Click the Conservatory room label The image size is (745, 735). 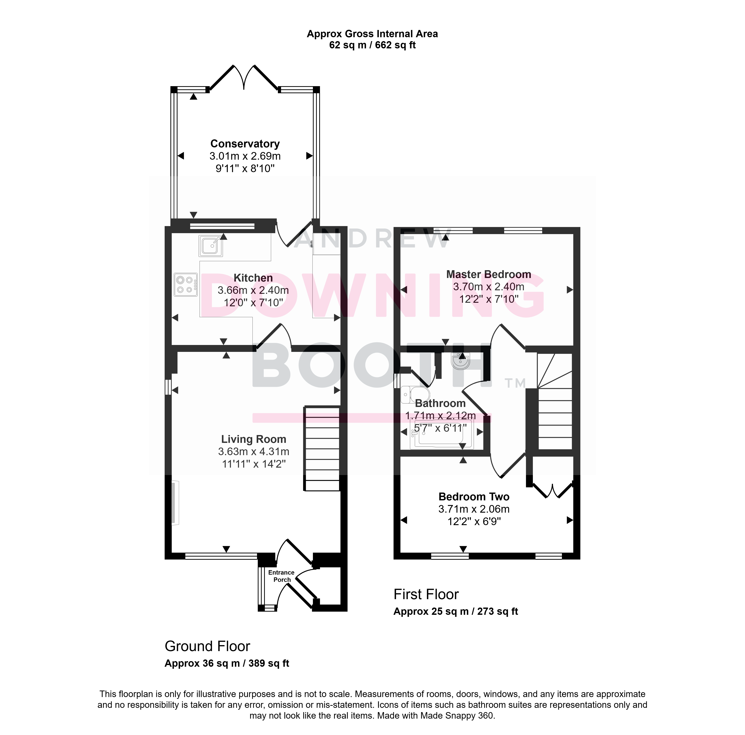[x=245, y=144]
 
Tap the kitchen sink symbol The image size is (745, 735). [x=210, y=246]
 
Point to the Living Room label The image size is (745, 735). [x=253, y=439]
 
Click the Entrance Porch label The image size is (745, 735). [x=281, y=576]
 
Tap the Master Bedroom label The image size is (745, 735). [x=489, y=274]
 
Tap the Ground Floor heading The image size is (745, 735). [x=207, y=646]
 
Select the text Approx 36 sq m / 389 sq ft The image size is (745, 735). [x=227, y=663]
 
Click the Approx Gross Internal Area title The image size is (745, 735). [x=372, y=34]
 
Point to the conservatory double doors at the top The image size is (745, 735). [x=244, y=77]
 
